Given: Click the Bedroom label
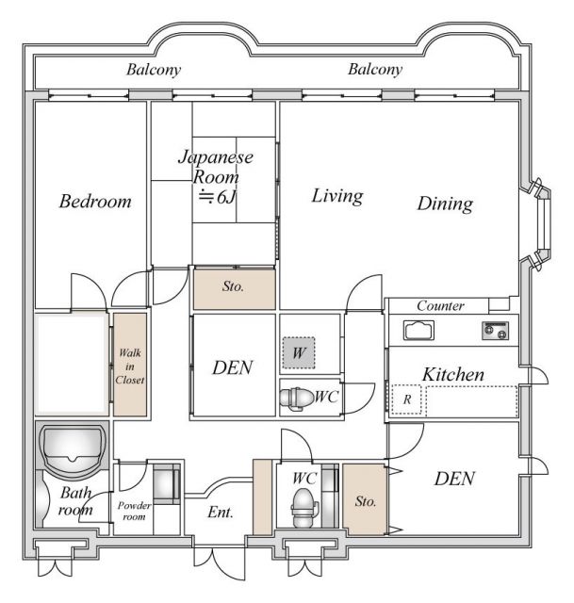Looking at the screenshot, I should click(x=94, y=202).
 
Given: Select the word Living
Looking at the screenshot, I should click(x=337, y=196).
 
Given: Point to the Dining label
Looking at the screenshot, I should click(x=445, y=204).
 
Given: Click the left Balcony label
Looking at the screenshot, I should click(x=154, y=70).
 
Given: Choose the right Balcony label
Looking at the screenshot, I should click(x=374, y=70).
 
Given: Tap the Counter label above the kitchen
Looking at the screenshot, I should click(x=440, y=306).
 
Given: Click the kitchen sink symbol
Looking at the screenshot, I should click(x=418, y=330).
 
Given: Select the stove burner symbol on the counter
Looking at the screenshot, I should click(x=495, y=330).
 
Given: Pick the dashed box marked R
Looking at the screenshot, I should click(x=406, y=399).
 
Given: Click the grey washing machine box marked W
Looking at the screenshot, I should click(x=298, y=354).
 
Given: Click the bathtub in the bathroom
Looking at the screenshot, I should click(x=72, y=446).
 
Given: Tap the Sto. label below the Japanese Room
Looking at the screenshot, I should click(x=234, y=287).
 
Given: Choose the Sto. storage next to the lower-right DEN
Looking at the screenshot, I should click(x=364, y=500).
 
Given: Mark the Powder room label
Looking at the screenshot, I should click(x=133, y=510).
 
